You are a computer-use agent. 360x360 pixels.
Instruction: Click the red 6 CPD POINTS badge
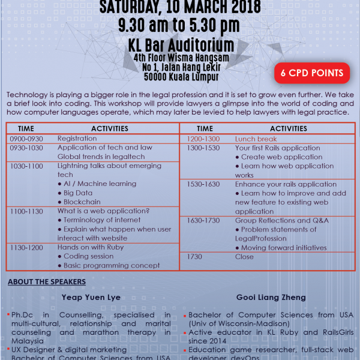click(x=312, y=74)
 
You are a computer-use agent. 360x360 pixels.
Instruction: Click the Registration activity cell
click(x=77, y=139)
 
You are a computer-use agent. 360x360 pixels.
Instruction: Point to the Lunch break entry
click(x=256, y=139)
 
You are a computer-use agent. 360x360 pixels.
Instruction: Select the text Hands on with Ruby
click(x=91, y=247)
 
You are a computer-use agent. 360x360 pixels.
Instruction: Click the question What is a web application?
click(x=103, y=211)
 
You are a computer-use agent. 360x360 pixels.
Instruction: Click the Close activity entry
click(x=244, y=257)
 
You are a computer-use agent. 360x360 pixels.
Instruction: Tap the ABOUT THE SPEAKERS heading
click(x=46, y=282)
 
